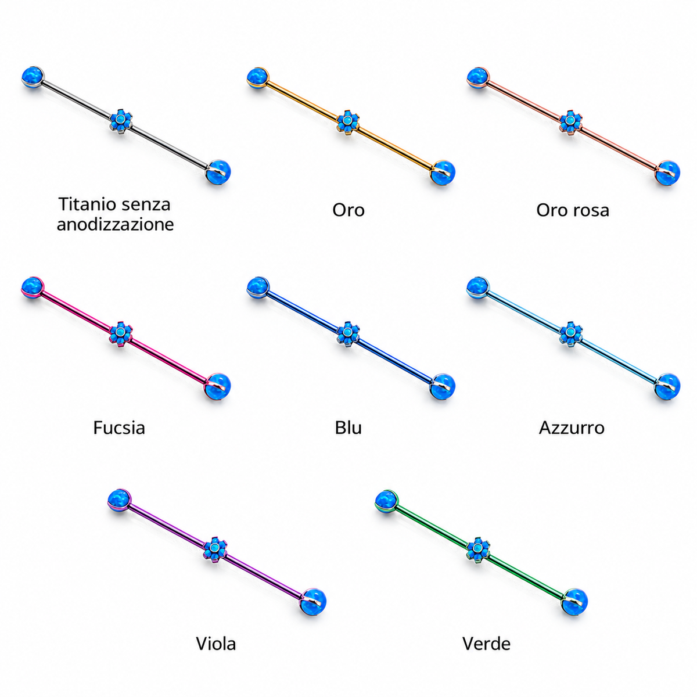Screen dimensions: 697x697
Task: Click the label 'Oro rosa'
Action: click(x=572, y=210)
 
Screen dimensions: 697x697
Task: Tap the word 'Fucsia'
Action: click(x=119, y=427)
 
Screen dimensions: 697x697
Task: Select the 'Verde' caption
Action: click(x=486, y=644)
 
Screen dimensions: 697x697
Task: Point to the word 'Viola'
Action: click(x=216, y=644)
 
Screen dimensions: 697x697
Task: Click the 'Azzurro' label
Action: click(x=572, y=427)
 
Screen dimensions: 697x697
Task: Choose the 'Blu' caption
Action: click(x=348, y=427)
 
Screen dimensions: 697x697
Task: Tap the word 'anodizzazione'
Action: click(x=116, y=224)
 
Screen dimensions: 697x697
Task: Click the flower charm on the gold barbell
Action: click(x=348, y=122)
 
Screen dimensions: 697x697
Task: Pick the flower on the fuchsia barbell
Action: click(x=121, y=333)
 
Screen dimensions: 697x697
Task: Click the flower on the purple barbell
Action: click(x=215, y=549)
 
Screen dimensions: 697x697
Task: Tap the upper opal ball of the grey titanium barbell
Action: click(x=33, y=77)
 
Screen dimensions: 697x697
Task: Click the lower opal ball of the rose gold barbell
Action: click(x=668, y=173)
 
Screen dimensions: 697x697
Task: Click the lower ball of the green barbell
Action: click(x=574, y=602)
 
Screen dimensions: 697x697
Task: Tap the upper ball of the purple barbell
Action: click(x=120, y=501)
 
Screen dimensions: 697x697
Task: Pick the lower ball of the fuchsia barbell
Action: click(x=217, y=386)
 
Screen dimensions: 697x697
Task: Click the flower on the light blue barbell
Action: click(x=571, y=333)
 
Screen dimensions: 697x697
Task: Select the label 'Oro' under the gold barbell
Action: click(x=348, y=210)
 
